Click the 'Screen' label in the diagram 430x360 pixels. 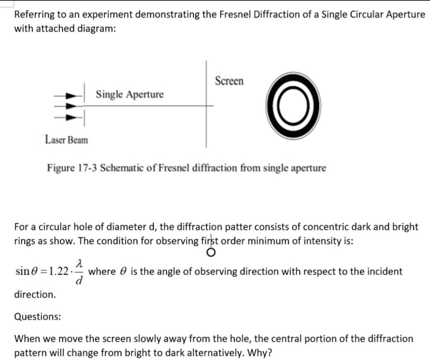click(x=229, y=81)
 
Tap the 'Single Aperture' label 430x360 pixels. click(x=129, y=94)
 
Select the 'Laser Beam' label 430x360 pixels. click(x=66, y=140)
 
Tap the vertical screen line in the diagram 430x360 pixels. click(x=206, y=126)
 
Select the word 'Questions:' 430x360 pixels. click(x=37, y=316)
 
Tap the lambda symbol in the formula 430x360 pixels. click(x=79, y=263)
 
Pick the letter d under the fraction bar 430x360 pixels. click(x=79, y=280)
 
